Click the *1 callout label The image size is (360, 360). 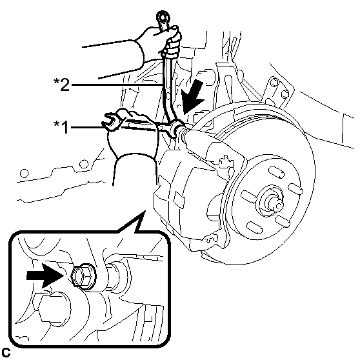pyautogui.click(x=61, y=127)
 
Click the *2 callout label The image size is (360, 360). pyautogui.click(x=61, y=85)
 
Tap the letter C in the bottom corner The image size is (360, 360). pyautogui.click(x=6, y=352)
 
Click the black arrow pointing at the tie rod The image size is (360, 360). pyautogui.click(x=192, y=97)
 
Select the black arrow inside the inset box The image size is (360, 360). pyautogui.click(x=45, y=275)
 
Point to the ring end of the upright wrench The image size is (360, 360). pyautogui.click(x=163, y=17)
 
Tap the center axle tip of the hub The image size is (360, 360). pyautogui.click(x=278, y=205)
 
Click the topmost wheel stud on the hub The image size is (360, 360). pyautogui.click(x=276, y=172)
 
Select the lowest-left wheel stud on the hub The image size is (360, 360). pyautogui.click(x=254, y=227)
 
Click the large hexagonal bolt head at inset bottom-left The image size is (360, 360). pyautogui.click(x=54, y=308)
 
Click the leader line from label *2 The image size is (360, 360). pyautogui.click(x=117, y=85)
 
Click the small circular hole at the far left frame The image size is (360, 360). pyautogui.click(x=25, y=174)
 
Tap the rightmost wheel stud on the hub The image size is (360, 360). pyautogui.click(x=295, y=189)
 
